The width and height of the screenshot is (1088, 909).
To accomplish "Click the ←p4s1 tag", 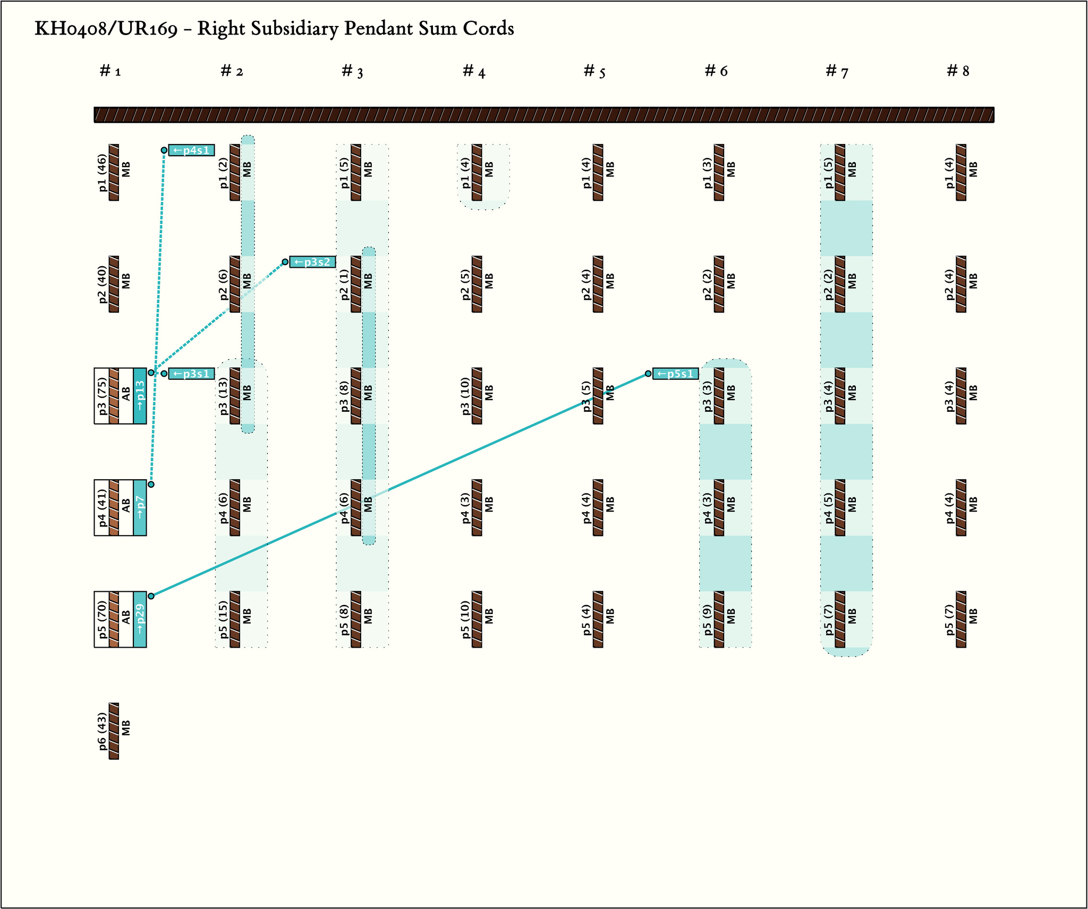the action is pos(192,150).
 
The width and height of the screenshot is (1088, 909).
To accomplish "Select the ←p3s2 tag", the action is pos(312,262).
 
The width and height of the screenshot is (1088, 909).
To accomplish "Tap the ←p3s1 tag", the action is pos(192,373).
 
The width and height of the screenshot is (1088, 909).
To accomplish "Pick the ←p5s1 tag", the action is pos(676,373).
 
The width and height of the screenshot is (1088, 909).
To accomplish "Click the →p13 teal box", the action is pos(140,396).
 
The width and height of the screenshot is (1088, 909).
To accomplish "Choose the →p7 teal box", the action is pos(140,507).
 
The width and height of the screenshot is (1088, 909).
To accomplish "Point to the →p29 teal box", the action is pos(140,619).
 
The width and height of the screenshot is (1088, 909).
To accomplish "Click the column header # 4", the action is pos(474,71).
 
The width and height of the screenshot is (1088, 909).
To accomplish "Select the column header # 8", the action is pos(958,71).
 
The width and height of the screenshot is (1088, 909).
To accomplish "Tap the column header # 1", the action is pos(110,71).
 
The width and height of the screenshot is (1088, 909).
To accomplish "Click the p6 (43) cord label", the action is pos(103,732).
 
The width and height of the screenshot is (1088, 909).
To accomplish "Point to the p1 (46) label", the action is pos(103,173).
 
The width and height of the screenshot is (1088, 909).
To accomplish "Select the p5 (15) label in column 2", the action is pos(224,619).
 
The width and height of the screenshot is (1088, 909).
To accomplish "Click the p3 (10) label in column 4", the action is pos(465,396).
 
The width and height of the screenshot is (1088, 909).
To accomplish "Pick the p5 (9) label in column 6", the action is pos(708,619).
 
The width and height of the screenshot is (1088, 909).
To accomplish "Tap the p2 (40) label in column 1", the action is pos(103,284).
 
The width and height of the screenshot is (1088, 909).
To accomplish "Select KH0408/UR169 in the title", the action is pos(106,29).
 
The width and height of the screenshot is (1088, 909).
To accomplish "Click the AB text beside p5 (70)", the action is pos(126,619).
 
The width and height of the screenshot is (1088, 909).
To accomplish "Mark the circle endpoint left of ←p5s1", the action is pos(648,373).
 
